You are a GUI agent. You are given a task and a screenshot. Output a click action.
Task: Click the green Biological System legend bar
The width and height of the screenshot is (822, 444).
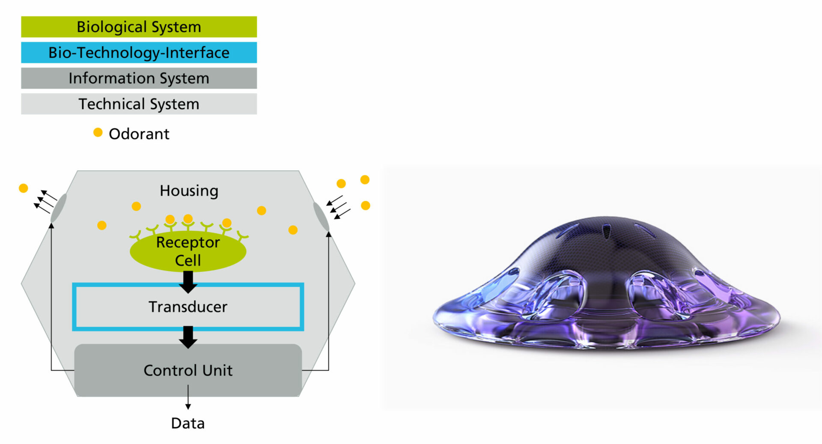coord(139,27)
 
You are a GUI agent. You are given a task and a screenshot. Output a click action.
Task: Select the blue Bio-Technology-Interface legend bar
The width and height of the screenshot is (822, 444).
coord(139,53)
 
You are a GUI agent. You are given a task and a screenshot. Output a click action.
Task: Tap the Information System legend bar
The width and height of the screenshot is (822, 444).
coord(139,78)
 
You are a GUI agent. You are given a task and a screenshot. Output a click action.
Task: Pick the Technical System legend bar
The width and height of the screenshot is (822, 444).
coord(139,104)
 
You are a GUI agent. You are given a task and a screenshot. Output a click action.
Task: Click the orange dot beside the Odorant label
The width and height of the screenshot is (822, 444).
coord(98,132)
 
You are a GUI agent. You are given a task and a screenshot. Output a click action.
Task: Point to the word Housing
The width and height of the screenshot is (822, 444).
coord(189,191)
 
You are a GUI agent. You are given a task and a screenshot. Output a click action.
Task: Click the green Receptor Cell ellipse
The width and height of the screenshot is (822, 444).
coord(188,251)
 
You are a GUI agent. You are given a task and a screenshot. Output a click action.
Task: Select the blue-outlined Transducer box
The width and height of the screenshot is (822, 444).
coord(188,285)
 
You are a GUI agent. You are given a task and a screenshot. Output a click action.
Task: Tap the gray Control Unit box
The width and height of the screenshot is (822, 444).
coord(188,370)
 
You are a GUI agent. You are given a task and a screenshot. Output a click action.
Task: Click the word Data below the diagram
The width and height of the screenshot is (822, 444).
coord(188,423)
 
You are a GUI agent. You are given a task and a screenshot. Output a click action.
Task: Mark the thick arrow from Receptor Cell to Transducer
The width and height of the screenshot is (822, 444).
coord(188,282)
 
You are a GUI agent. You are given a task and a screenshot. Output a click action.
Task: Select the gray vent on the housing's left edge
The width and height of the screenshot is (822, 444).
coord(59,208)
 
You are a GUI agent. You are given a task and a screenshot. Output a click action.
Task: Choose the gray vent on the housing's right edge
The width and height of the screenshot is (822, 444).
coord(321,217)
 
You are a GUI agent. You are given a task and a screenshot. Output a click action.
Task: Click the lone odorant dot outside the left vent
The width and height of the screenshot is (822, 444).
coord(24,188)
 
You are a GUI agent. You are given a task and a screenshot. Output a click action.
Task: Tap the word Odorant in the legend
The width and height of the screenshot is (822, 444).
coord(139,134)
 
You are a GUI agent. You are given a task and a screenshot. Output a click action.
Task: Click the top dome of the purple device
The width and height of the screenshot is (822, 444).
coord(608,240)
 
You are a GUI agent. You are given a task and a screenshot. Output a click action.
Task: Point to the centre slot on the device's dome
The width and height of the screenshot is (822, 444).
coord(607,232)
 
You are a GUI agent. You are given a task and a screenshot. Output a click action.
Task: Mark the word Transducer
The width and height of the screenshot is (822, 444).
coord(188,307)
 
